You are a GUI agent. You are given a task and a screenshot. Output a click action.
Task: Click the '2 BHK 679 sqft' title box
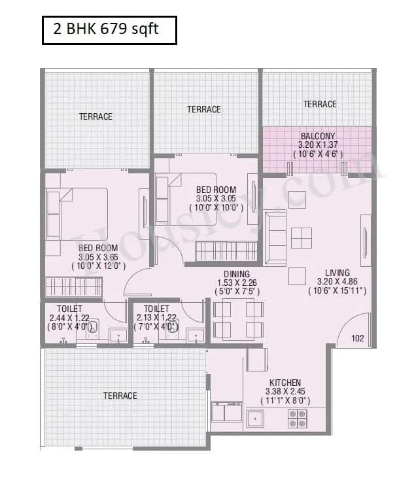tap(109, 30)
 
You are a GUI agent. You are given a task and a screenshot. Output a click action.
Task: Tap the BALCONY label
tap(318, 136)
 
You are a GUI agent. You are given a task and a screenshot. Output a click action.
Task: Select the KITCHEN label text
tap(285, 383)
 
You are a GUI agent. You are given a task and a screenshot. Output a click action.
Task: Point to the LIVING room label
tap(337, 273)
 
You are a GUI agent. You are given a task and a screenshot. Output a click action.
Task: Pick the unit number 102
tap(357, 338)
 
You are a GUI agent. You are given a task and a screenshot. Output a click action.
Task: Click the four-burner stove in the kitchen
tap(297, 418)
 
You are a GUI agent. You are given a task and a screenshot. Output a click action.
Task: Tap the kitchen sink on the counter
tap(254, 417)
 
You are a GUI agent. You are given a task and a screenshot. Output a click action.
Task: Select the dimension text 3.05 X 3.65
tap(98, 257)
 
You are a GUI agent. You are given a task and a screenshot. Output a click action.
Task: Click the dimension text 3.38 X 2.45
tap(285, 391)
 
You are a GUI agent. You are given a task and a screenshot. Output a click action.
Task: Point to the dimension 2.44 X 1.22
tap(69, 317)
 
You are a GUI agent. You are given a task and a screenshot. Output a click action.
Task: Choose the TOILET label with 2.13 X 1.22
tap(156, 309)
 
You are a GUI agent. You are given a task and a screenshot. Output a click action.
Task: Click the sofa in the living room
tap(275, 237)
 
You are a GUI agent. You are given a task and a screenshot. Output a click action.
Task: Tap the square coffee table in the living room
tap(302, 237)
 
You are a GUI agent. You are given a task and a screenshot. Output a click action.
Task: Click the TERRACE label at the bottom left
tap(120, 396)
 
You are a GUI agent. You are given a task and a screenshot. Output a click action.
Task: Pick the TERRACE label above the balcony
tap(320, 104)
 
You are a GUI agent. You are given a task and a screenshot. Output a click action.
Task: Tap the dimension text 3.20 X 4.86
tap(337, 282)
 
